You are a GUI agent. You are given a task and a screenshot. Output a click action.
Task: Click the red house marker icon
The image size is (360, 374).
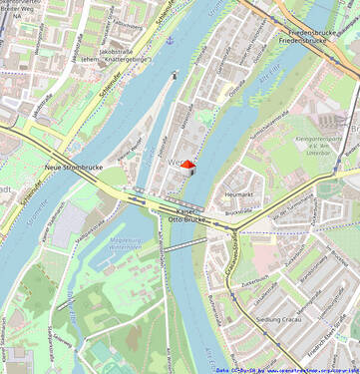click(187, 169)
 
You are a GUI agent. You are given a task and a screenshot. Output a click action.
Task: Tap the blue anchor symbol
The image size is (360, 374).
click(170, 41)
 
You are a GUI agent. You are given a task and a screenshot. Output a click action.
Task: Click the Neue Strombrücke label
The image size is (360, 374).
click(74, 168)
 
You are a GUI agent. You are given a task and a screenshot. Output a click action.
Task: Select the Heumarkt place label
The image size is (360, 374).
click(239, 194)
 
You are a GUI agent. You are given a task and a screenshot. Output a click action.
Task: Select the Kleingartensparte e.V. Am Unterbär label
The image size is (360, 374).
click(314, 146)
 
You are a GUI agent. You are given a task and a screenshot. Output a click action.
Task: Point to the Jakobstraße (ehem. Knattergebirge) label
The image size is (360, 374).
click(123, 56)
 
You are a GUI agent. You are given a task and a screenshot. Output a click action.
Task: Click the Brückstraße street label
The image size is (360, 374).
click(240, 212)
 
